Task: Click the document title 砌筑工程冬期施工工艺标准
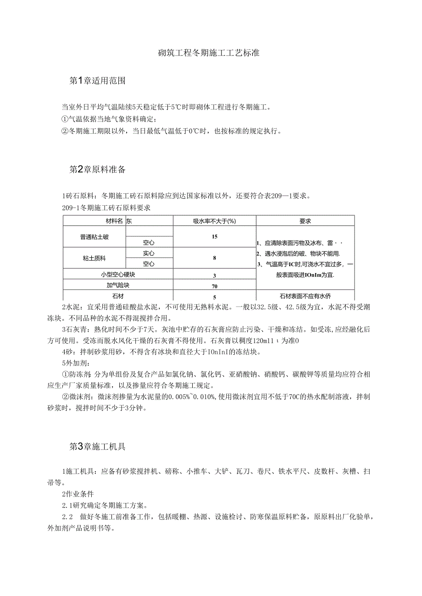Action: [209, 53]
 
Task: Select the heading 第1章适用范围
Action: [97, 81]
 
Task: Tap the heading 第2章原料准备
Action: [97, 170]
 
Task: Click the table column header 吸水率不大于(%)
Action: [214, 221]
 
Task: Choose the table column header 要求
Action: [305, 221]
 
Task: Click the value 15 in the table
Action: [214, 237]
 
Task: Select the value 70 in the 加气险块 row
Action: [214, 286]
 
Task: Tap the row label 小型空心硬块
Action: [117, 275]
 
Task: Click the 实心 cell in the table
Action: [149, 253]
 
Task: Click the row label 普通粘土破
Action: [94, 237]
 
